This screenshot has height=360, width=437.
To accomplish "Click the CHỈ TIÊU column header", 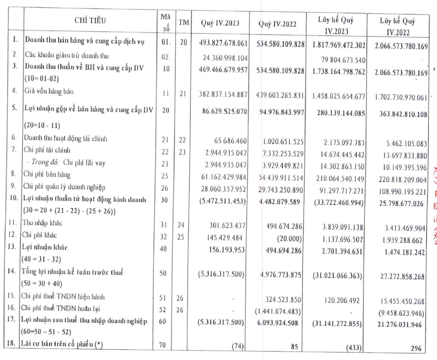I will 90,20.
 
